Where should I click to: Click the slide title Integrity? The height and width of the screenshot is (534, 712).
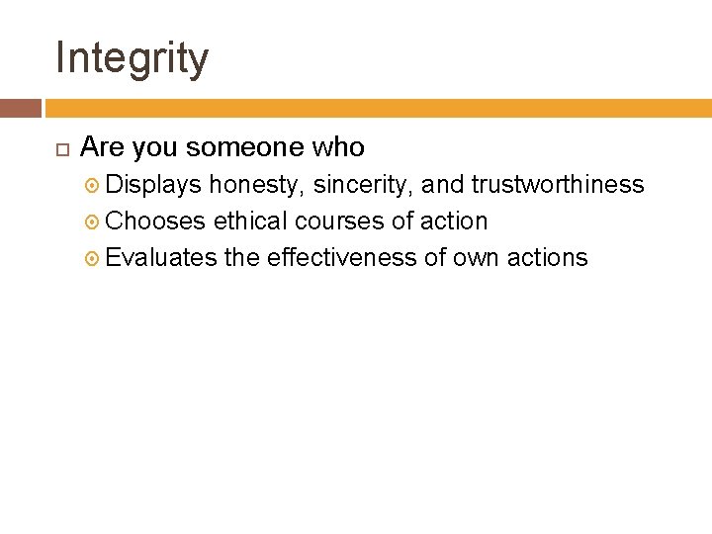132,57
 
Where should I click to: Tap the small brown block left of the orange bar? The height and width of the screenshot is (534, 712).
21,108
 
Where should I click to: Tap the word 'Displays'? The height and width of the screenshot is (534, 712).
153,185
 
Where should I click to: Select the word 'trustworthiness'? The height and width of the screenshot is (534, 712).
558,185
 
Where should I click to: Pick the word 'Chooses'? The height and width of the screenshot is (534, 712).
155,222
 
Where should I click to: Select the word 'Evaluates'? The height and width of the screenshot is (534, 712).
161,258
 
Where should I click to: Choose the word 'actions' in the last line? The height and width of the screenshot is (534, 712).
547,258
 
